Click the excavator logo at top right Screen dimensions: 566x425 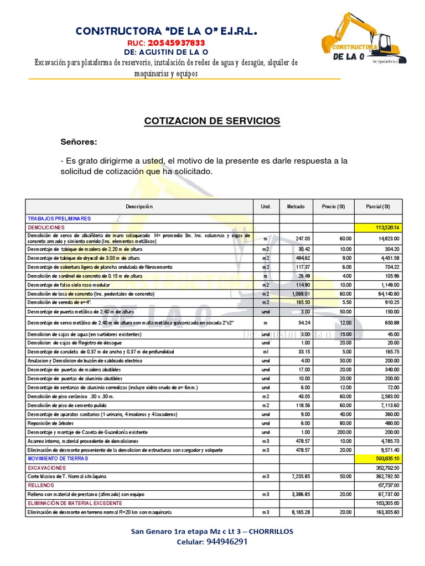365,40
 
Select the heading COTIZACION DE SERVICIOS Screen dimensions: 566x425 212,120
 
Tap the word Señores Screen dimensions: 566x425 79,142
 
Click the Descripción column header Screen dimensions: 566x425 139,206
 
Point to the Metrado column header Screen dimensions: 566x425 296,206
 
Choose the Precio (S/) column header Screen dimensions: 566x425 333,206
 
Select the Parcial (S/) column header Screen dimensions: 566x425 378,206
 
